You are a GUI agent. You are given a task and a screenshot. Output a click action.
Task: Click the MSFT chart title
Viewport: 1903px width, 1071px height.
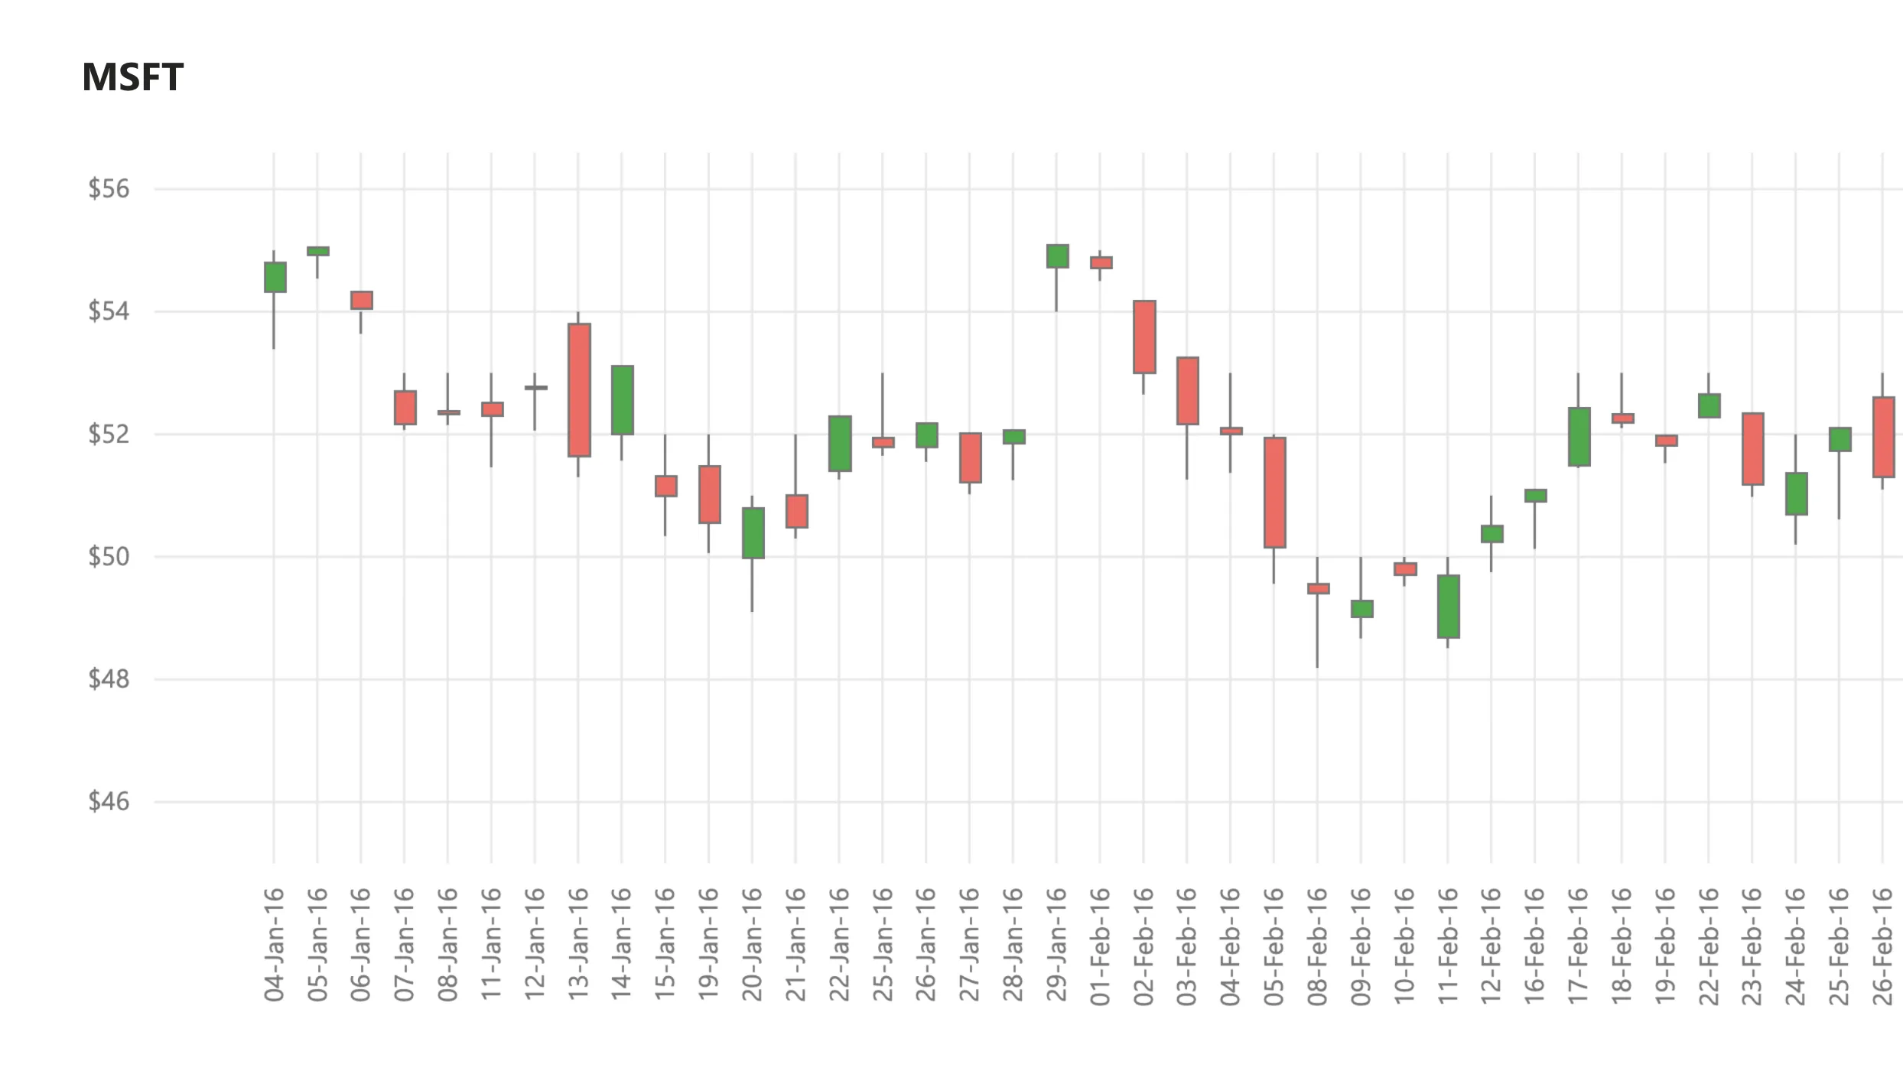click(132, 77)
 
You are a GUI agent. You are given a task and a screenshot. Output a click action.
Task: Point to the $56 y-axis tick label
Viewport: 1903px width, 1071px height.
click(109, 189)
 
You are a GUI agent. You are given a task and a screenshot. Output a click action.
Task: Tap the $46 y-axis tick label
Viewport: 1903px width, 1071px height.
click(109, 802)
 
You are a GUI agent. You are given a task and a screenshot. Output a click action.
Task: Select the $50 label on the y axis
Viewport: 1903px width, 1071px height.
click(109, 557)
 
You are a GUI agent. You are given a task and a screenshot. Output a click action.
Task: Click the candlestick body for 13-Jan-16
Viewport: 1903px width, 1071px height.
click(579, 390)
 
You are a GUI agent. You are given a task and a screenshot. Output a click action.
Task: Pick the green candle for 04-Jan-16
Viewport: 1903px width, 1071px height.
click(275, 277)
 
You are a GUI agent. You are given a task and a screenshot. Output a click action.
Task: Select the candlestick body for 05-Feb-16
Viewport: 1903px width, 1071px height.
click(1274, 493)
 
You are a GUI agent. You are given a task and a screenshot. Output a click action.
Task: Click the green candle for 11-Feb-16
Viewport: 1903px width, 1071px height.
click(1448, 606)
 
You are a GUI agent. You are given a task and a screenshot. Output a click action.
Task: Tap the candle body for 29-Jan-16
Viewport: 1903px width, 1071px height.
click(1057, 256)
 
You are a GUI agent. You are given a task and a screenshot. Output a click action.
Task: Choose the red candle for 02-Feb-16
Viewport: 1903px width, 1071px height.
click(1144, 337)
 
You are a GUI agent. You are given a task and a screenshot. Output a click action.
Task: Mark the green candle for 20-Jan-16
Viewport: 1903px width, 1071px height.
click(753, 533)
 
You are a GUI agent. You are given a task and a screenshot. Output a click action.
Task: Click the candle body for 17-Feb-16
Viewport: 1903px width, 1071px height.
click(1579, 437)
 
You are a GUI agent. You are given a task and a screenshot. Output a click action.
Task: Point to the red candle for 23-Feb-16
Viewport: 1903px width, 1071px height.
click(1752, 449)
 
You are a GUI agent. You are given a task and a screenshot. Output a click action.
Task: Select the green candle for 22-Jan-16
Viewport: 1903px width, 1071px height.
click(840, 444)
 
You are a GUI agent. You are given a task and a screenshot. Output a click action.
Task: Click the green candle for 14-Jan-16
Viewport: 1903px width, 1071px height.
click(623, 400)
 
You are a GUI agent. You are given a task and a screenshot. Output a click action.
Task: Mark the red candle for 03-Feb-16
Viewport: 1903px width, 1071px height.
click(1187, 391)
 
